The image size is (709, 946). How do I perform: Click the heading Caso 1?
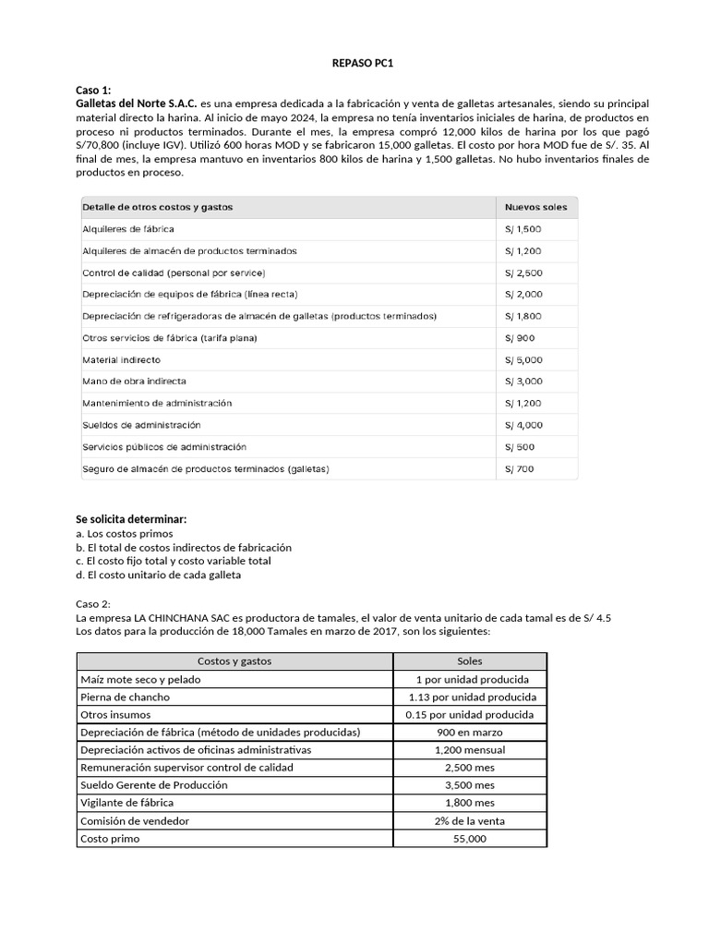(92, 90)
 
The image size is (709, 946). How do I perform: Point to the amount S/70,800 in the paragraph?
(101, 145)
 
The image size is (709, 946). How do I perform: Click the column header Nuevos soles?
(536, 207)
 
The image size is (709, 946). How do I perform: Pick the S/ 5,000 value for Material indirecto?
(523, 359)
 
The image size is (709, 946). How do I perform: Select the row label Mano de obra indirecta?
(134, 382)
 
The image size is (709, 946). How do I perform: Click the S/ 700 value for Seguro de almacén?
(519, 468)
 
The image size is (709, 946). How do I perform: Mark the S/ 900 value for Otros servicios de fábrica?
(519, 338)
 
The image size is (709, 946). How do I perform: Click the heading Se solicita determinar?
(137, 520)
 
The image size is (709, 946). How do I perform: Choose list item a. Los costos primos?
(124, 534)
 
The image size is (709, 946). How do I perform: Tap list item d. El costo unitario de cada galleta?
(158, 575)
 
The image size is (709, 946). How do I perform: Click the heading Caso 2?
(92, 602)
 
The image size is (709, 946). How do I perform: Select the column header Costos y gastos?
(234, 661)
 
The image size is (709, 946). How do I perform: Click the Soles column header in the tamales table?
(470, 661)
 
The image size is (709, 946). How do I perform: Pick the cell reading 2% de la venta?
(470, 820)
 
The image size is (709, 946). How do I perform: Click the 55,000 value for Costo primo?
(470, 838)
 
